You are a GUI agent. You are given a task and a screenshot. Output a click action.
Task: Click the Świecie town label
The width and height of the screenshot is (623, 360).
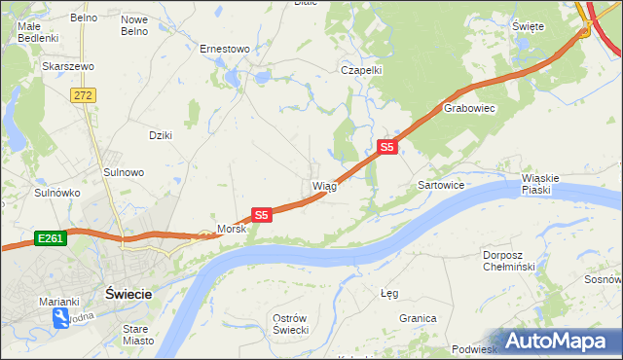[x=128, y=293]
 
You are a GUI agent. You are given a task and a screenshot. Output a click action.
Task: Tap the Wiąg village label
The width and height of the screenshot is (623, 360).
[x=324, y=186]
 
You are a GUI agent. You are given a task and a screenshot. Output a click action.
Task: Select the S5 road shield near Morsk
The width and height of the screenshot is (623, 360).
[x=261, y=214]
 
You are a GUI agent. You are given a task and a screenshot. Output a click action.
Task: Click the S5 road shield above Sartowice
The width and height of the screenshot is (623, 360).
[x=387, y=147]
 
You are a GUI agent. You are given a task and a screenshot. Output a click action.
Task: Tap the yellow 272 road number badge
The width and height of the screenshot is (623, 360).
[x=83, y=94]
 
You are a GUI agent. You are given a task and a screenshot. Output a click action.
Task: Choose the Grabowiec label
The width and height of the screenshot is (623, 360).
[x=470, y=109]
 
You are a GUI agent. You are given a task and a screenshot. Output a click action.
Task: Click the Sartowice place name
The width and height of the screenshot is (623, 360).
[x=440, y=184]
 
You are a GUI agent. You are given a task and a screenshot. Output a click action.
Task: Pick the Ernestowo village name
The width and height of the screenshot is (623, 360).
[x=225, y=48]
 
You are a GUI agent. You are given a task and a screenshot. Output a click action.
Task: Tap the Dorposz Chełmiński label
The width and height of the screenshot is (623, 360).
[x=509, y=261]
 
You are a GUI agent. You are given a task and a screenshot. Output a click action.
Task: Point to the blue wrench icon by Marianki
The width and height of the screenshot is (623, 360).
[x=60, y=317]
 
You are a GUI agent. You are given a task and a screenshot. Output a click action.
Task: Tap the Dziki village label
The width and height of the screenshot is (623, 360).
[x=160, y=135]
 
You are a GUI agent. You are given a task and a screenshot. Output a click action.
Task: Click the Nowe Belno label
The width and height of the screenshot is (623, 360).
[x=133, y=25]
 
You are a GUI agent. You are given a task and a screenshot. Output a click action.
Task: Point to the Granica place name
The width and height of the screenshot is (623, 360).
[x=417, y=318]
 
